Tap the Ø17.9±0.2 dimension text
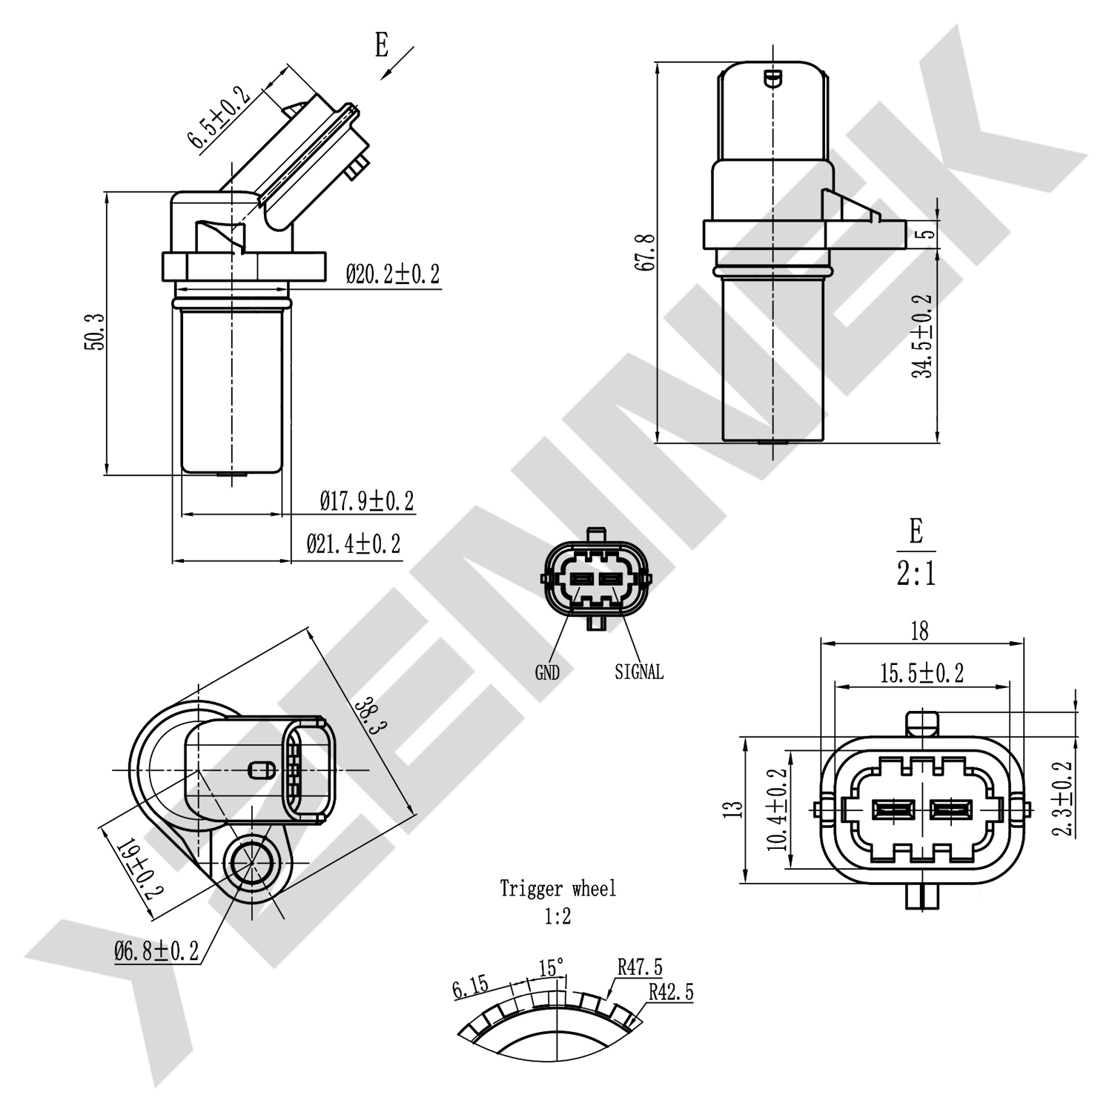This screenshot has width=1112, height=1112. coord(366,502)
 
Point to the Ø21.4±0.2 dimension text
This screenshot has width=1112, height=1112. coord(353,544)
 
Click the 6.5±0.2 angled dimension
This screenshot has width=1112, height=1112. coord(217,119)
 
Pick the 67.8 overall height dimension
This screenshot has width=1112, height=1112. coord(646,252)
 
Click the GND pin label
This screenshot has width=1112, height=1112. coord(547,672)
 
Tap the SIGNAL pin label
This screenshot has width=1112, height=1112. coord(639,672)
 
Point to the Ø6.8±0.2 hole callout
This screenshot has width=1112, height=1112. coord(156,951)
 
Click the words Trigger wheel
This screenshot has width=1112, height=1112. coord(557,888)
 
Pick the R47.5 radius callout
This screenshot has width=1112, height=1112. coord(640,967)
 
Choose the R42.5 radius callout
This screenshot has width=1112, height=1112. coord(671,993)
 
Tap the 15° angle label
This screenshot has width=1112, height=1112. coord(551,968)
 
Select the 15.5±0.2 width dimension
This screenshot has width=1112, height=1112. coord(921,673)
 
